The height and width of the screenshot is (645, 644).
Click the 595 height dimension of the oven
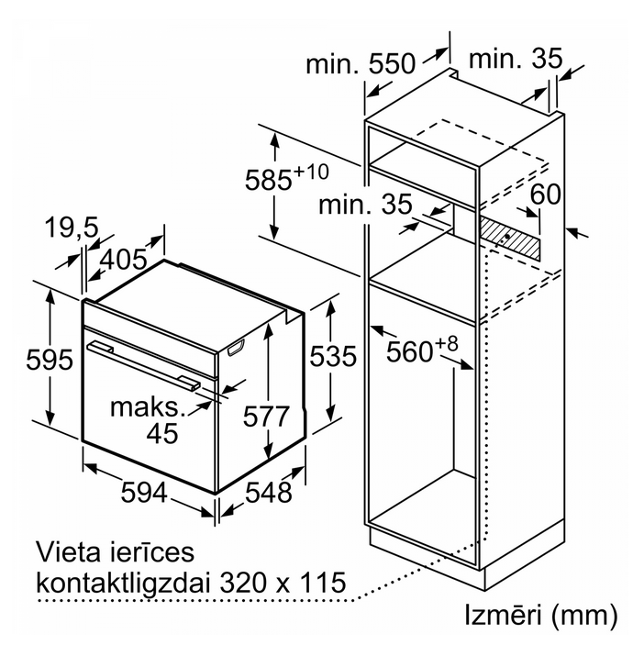(x=50, y=360)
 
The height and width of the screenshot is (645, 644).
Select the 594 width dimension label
(x=144, y=493)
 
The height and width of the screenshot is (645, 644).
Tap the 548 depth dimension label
(x=269, y=493)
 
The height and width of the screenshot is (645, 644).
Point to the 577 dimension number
(x=266, y=417)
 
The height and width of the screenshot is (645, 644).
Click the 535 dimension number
(x=333, y=356)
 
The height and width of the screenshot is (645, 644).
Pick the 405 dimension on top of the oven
(x=123, y=260)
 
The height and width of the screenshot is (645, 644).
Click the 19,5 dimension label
(x=72, y=227)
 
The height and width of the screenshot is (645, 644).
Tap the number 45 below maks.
(x=162, y=433)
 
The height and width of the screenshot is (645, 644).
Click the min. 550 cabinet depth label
(x=361, y=63)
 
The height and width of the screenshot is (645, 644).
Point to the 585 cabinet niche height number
(x=269, y=180)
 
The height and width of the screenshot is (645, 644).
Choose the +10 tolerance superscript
(x=311, y=172)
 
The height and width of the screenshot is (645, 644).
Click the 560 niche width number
(x=410, y=351)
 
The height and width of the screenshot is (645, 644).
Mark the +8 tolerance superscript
(x=446, y=343)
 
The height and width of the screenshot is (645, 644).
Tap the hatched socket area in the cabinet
(x=510, y=238)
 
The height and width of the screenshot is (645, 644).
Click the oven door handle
(x=143, y=365)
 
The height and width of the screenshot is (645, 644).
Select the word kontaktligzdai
(x=125, y=583)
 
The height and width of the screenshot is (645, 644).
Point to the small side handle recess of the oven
(x=236, y=348)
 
